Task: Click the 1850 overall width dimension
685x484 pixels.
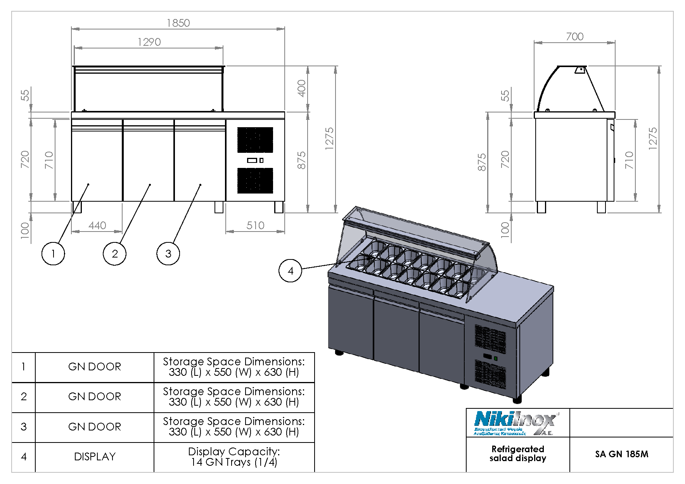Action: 178,23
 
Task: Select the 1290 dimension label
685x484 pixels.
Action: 149,42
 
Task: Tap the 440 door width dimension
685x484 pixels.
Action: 97,225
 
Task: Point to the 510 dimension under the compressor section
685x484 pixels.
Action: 255,225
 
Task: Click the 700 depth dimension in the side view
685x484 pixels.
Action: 574,36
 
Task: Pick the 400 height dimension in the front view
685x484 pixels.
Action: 301,88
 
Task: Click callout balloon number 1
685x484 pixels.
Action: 53,254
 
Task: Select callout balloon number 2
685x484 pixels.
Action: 114,254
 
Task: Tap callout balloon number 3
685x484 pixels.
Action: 168,254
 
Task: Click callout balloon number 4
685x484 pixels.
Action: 290,271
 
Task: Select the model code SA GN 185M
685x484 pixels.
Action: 621,454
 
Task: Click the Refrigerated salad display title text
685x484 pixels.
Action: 517,454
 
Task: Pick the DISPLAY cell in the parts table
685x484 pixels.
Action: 95,457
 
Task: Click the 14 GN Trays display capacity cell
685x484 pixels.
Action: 234,457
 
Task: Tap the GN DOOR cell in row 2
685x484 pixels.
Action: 95,397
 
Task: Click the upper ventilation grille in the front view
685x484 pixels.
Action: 255,140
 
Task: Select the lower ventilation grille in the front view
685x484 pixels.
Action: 255,180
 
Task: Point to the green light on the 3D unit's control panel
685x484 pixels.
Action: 495,359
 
